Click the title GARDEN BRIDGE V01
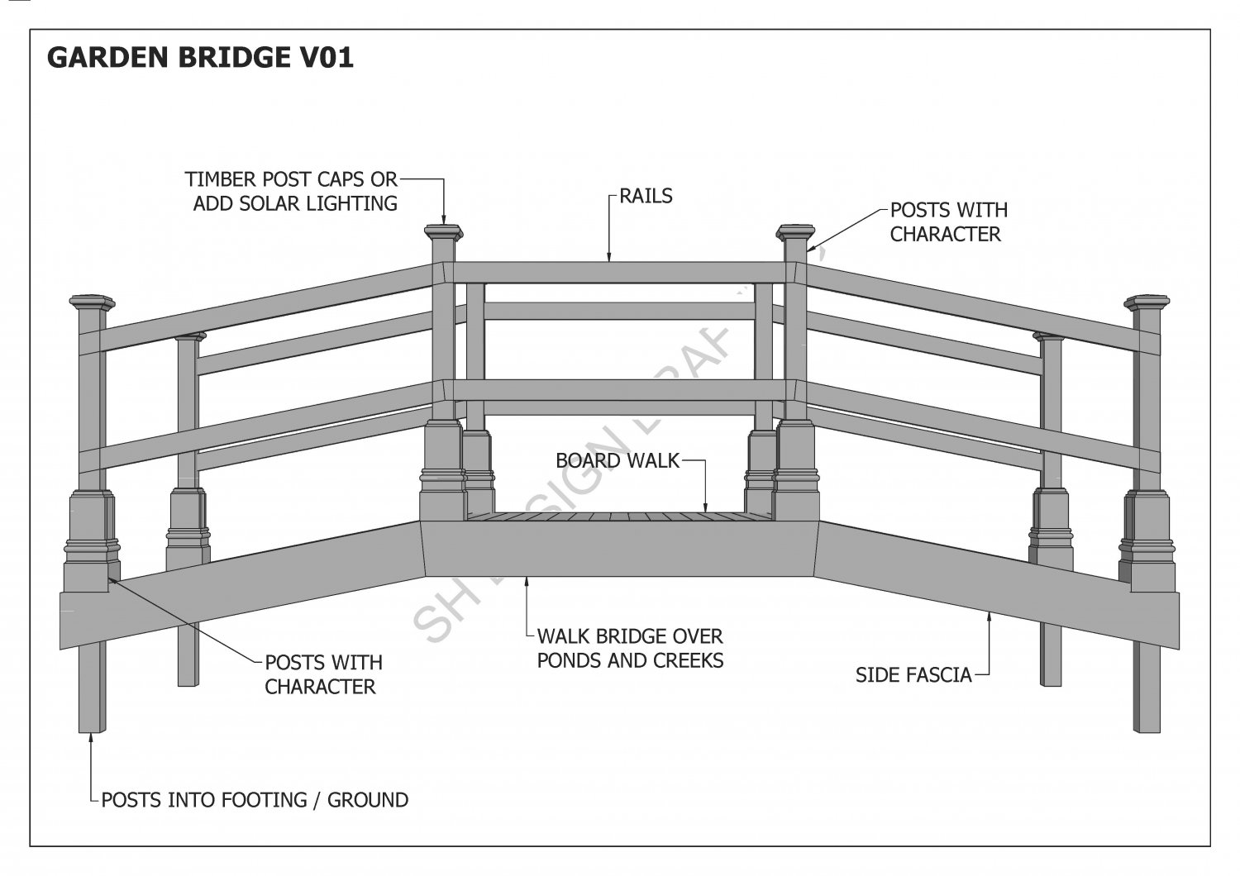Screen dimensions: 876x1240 (x=200, y=57)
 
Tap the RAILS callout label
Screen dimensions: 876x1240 (x=646, y=196)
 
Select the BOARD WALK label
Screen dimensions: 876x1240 (x=617, y=460)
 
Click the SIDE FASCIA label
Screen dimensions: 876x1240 (x=913, y=674)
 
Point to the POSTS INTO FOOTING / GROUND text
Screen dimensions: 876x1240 (x=255, y=800)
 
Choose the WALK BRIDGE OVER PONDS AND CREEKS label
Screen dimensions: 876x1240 (x=630, y=649)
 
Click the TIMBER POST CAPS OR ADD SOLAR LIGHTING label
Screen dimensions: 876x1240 (x=291, y=191)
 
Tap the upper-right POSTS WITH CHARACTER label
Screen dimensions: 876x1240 (x=948, y=222)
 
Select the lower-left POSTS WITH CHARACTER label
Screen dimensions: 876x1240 (x=323, y=674)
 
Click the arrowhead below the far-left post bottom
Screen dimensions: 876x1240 (x=91, y=738)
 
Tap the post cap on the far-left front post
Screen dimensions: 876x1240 (x=92, y=302)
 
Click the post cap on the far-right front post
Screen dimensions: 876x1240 (x=1147, y=302)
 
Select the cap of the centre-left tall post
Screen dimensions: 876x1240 (x=444, y=231)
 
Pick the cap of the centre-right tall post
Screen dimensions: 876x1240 (x=795, y=231)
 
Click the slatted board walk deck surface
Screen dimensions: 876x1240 (x=620, y=517)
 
